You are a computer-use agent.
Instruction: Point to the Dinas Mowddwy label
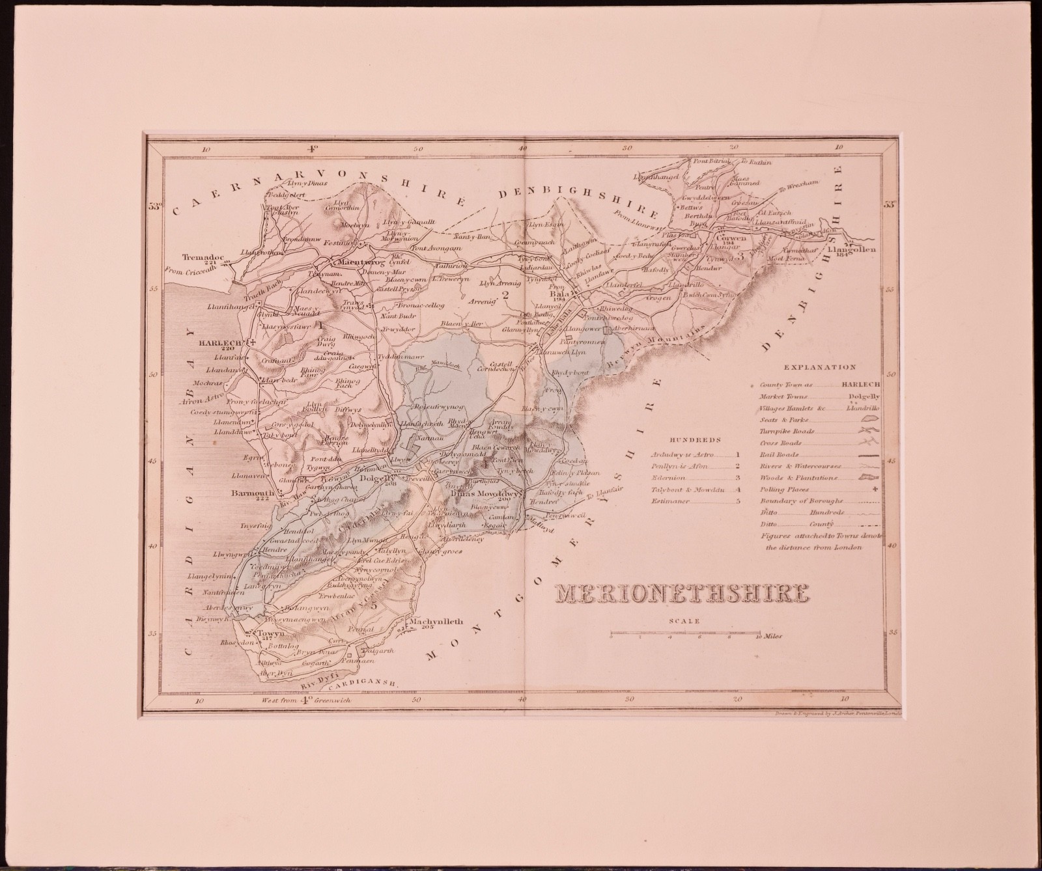click(x=485, y=493)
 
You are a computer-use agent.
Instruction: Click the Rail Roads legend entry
click(x=776, y=455)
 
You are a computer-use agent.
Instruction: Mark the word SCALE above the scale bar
click(x=684, y=621)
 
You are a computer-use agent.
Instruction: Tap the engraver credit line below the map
click(x=834, y=713)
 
